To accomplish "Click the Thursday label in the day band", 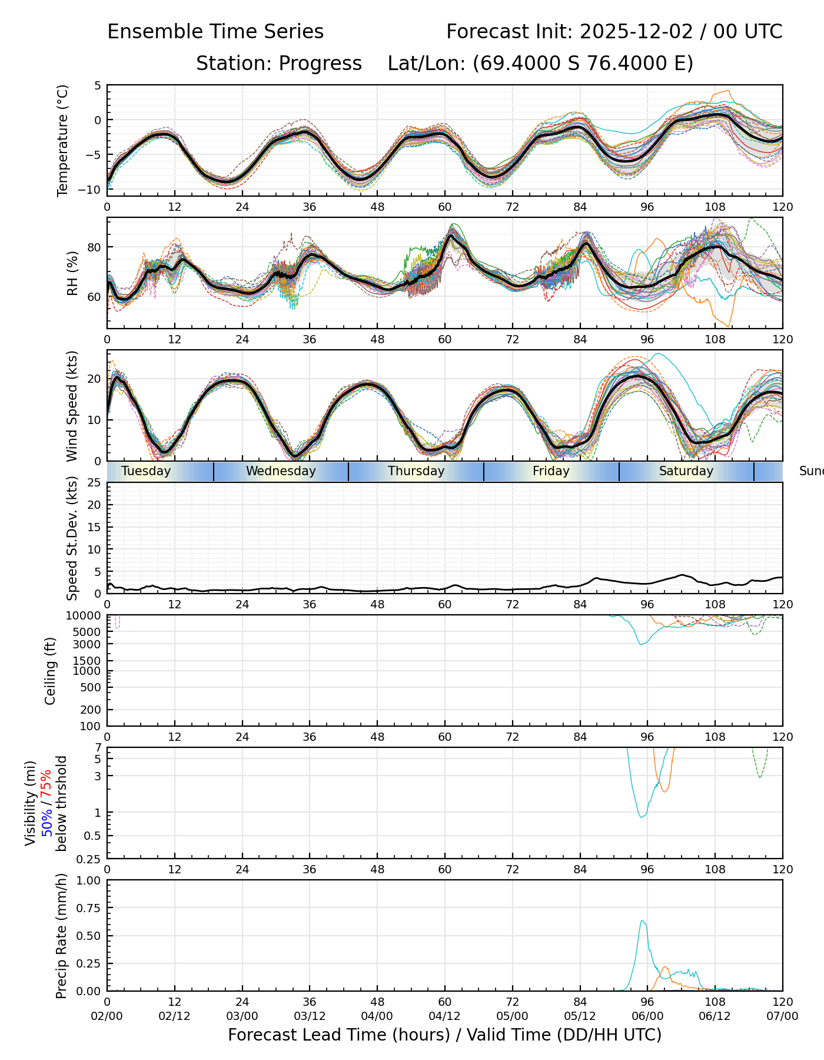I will [x=416, y=471].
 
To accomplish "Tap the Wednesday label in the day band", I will [x=281, y=471].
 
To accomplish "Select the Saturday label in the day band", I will [x=686, y=471].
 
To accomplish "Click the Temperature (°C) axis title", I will [x=63, y=140].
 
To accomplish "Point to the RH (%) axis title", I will [x=72, y=273].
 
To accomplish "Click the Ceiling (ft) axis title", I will [x=51, y=671].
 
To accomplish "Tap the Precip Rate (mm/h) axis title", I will [x=61, y=935].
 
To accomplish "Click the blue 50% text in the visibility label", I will [x=46, y=820].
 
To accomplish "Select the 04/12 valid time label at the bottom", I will [x=445, y=1016].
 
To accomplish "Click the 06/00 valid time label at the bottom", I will [x=647, y=1016].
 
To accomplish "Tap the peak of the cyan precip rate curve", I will [x=642, y=920].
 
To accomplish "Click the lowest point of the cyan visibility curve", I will [x=642, y=817].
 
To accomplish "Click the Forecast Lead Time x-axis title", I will [x=445, y=1035].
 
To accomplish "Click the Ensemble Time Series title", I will [x=215, y=32].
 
